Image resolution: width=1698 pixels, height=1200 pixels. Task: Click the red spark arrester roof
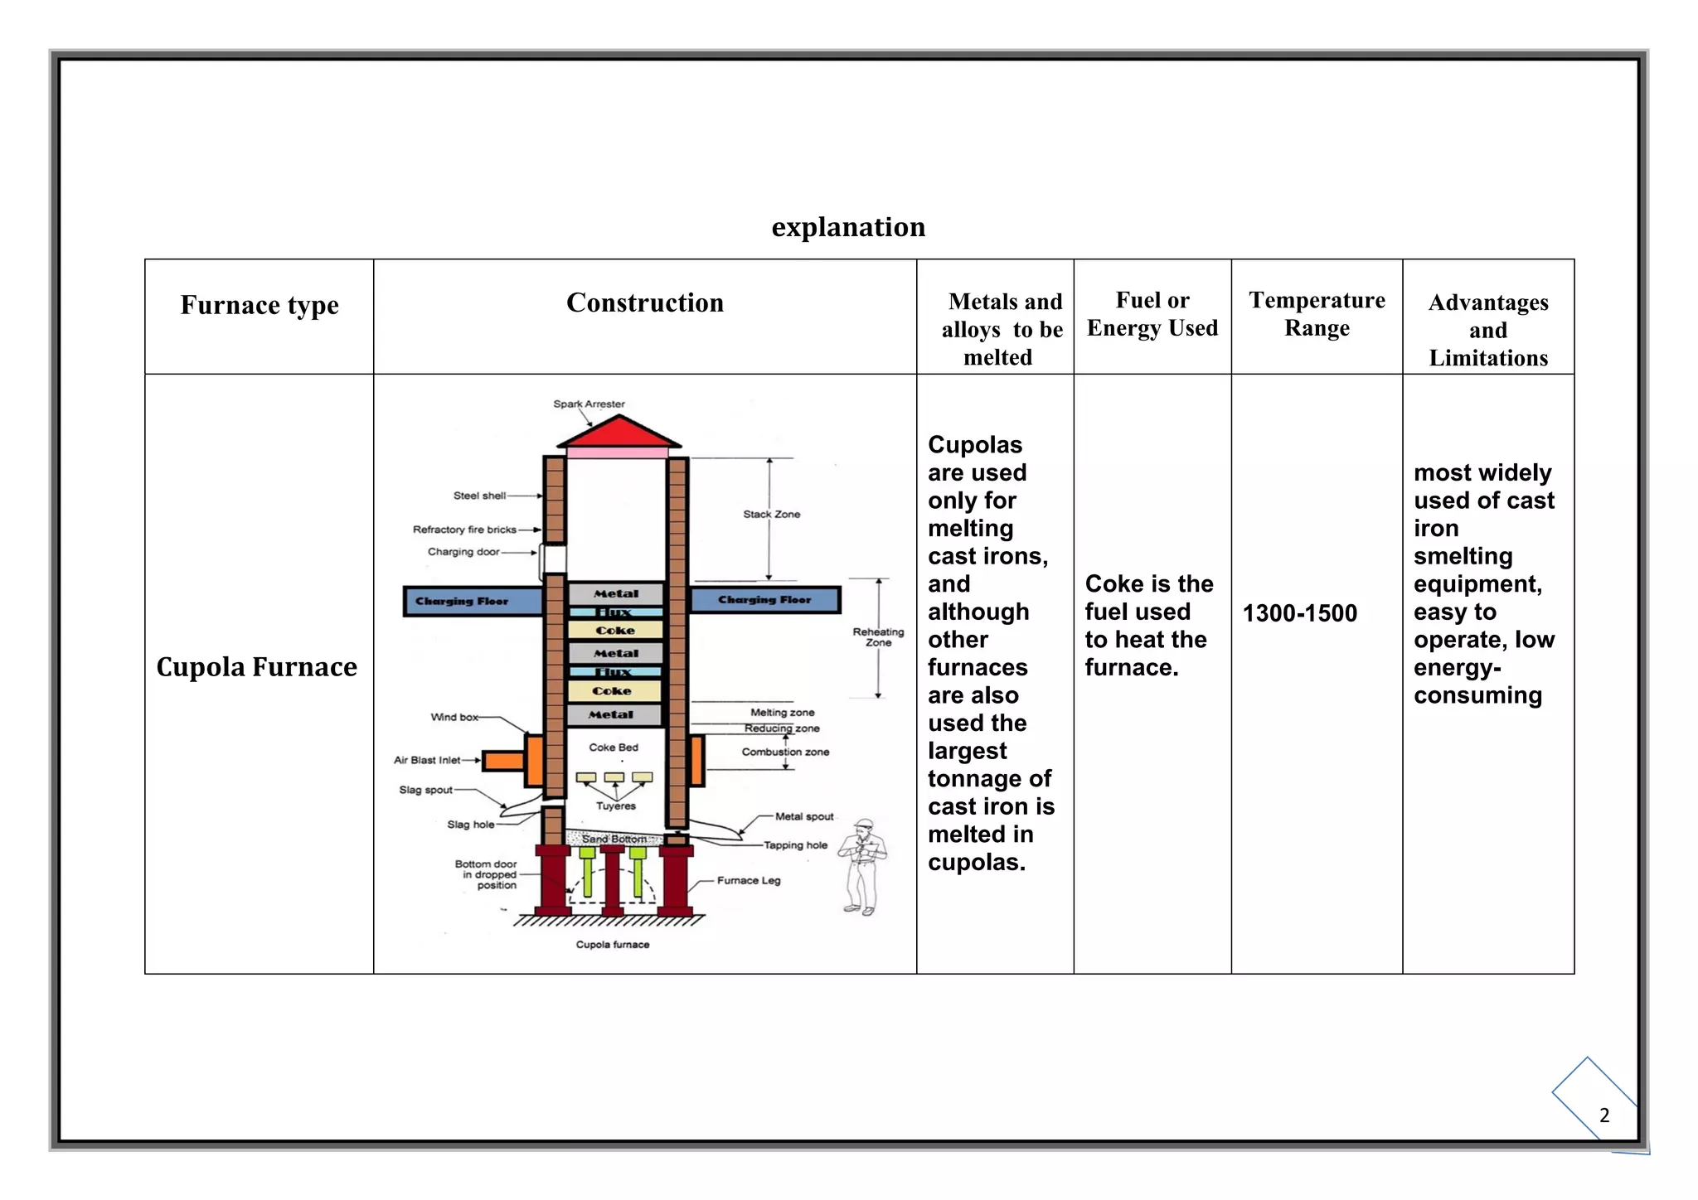tap(619, 433)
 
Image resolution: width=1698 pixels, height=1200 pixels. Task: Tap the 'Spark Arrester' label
tap(589, 404)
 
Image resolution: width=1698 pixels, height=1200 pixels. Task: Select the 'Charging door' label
tap(463, 552)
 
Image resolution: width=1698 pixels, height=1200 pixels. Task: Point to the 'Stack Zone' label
tap(771, 515)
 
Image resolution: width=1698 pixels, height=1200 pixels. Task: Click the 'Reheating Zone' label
tap(878, 637)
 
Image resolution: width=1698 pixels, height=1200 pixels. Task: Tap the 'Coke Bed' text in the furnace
tap(614, 748)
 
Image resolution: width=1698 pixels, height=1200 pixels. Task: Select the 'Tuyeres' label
tap(616, 806)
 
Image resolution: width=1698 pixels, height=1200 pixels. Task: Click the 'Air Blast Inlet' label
tap(427, 760)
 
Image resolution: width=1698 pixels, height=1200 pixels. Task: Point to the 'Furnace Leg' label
tap(749, 880)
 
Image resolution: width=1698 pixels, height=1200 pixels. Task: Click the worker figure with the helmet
tap(862, 866)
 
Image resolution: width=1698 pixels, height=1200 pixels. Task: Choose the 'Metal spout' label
tap(804, 816)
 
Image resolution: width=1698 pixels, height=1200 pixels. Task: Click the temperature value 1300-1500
tap(1299, 613)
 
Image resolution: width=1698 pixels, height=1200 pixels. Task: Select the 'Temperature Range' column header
tap(1317, 314)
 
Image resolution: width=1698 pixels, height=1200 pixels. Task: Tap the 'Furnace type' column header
tap(260, 305)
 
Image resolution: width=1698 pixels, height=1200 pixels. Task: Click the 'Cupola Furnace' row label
tap(257, 667)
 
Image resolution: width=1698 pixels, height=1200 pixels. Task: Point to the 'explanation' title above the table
tap(848, 227)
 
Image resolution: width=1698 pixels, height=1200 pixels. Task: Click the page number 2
tap(1604, 1115)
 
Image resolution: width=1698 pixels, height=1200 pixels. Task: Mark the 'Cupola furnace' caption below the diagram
tap(613, 945)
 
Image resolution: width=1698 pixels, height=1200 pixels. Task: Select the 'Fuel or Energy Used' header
tap(1152, 314)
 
